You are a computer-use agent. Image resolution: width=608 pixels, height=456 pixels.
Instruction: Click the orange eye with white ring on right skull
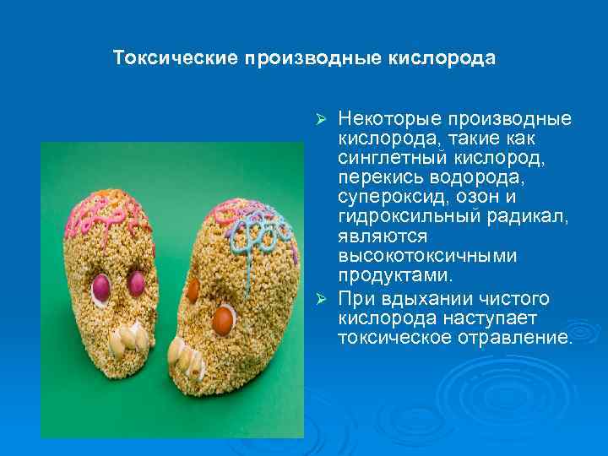[x=223, y=318]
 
